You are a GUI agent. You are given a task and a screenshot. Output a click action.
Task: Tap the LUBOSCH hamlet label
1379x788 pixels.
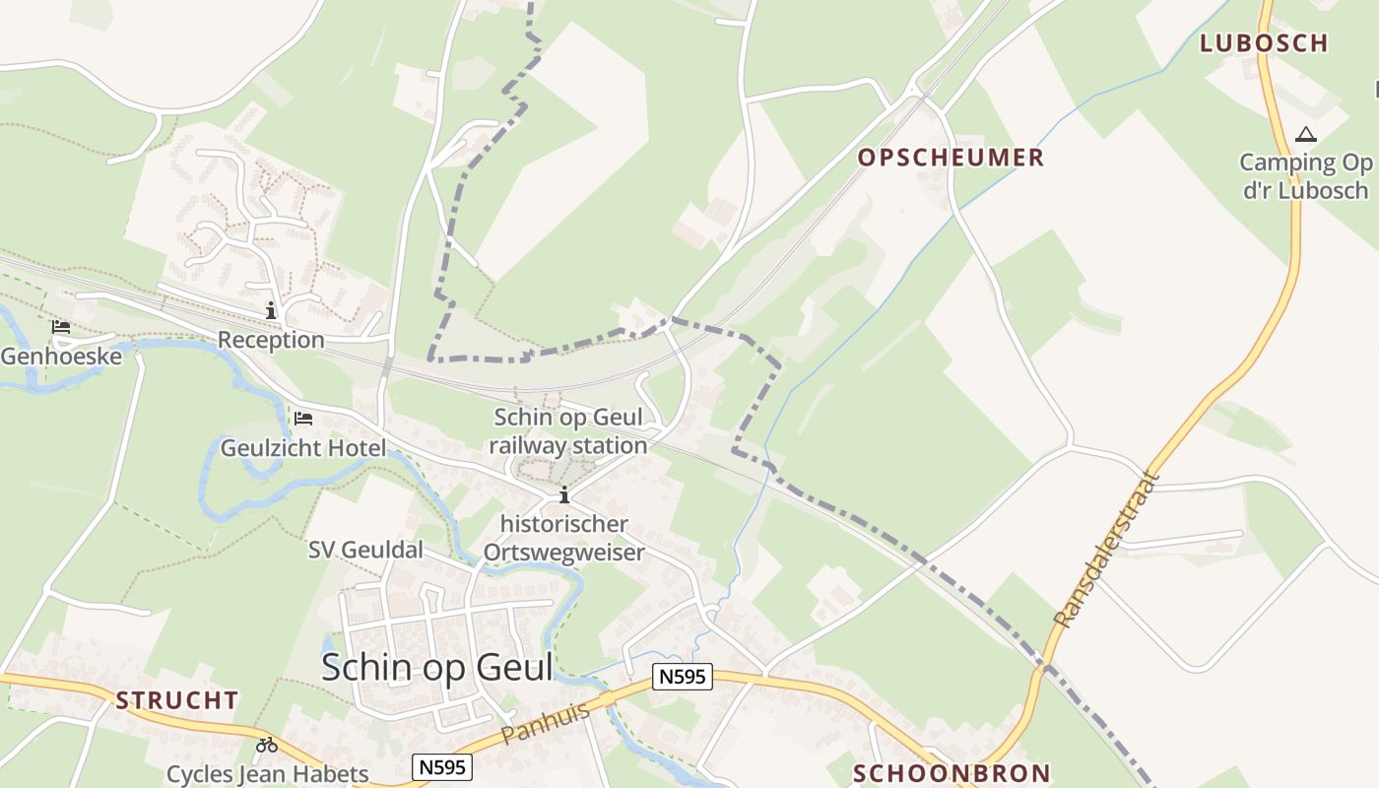coord(1264,42)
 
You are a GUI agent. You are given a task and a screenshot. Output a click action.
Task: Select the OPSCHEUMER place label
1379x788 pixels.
coord(951,158)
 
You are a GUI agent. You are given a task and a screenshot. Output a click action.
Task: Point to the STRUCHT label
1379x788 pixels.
coord(177,700)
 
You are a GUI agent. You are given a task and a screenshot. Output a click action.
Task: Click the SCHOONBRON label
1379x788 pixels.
coord(952,773)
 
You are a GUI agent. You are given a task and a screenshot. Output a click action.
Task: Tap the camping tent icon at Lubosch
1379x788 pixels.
coord(1305,134)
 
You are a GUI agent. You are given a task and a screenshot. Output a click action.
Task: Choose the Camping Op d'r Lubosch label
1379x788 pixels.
coord(1305,176)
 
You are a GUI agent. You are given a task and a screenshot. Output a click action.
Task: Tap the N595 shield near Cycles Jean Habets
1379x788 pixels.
coord(442,767)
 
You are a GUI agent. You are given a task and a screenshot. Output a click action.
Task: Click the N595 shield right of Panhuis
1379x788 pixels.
coord(682,677)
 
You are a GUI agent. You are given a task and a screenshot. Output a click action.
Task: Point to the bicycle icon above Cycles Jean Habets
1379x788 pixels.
coord(266,745)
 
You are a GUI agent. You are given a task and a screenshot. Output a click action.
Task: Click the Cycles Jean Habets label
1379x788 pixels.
coord(267,774)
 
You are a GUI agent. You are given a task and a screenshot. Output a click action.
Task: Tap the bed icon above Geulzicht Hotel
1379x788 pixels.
coord(303,419)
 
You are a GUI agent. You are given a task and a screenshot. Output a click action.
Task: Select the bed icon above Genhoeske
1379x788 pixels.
coord(61,326)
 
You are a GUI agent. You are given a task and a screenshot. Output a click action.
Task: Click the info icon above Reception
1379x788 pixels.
coord(271,310)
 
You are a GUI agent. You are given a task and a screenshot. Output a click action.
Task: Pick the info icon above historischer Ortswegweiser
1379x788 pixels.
coord(564,494)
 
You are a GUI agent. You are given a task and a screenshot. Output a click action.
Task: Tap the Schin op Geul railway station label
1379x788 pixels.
coord(569,431)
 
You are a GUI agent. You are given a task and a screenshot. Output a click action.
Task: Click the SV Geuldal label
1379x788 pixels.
coord(365,550)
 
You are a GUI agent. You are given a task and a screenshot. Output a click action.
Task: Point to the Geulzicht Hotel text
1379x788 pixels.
coord(303,448)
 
